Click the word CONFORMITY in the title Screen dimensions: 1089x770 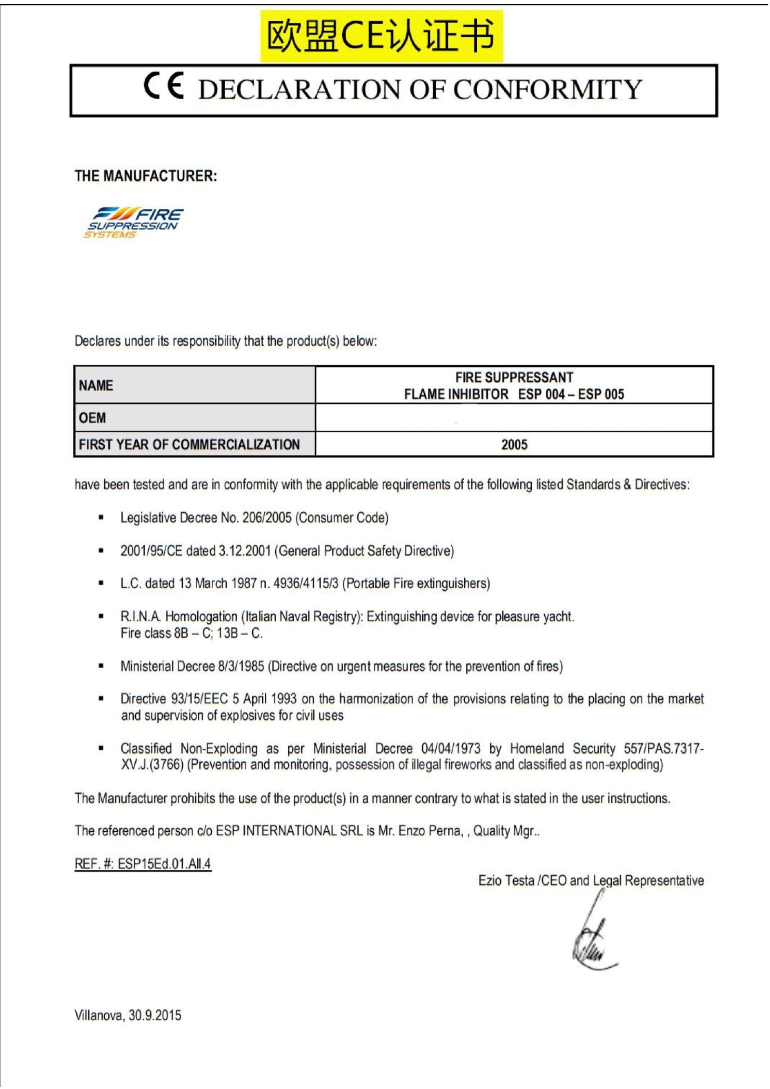point(548,90)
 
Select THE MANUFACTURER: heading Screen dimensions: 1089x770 point(146,176)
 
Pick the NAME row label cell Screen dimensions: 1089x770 point(194,385)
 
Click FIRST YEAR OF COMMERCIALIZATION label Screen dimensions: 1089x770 point(189,445)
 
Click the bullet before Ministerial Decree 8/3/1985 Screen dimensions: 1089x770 point(101,667)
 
